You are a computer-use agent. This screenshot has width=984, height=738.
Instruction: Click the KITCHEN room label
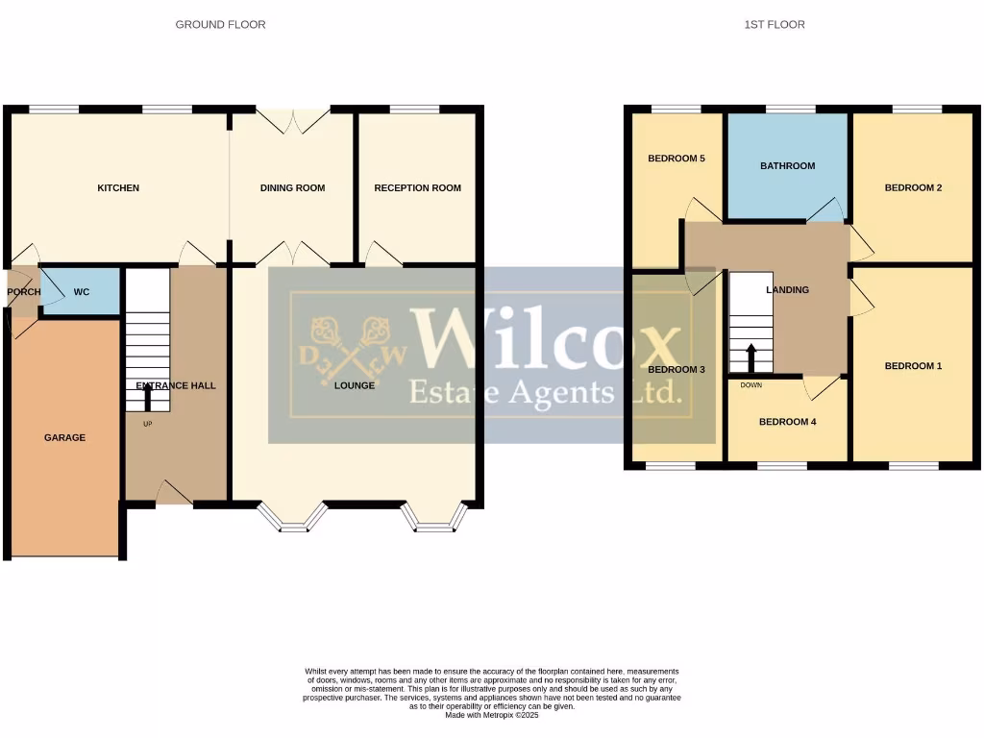point(118,188)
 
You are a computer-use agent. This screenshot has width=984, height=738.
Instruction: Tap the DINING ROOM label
point(292,188)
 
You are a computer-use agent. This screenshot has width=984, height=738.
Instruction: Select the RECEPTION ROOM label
point(417,188)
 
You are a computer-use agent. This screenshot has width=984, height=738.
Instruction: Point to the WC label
point(82,291)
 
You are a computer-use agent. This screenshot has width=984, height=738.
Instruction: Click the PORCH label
point(23,291)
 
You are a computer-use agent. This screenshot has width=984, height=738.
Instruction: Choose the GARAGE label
point(64,437)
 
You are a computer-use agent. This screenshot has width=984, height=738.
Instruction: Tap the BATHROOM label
point(787,166)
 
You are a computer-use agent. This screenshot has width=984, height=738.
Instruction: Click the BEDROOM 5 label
point(676,159)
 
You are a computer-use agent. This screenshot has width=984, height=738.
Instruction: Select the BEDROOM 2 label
point(913,188)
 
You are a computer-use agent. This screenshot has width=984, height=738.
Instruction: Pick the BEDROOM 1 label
point(913,366)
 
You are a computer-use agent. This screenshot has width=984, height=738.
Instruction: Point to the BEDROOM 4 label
point(787,422)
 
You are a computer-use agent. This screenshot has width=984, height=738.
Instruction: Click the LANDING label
point(787,290)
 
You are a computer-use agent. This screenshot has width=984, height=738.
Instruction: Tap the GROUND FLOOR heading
point(220,24)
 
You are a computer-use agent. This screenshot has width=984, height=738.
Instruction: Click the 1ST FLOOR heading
point(775,24)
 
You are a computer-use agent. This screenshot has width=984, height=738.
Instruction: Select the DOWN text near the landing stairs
point(751,385)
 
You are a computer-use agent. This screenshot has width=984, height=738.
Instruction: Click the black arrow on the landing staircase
point(751,358)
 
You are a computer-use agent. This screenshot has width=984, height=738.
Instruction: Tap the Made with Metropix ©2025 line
point(492,714)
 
